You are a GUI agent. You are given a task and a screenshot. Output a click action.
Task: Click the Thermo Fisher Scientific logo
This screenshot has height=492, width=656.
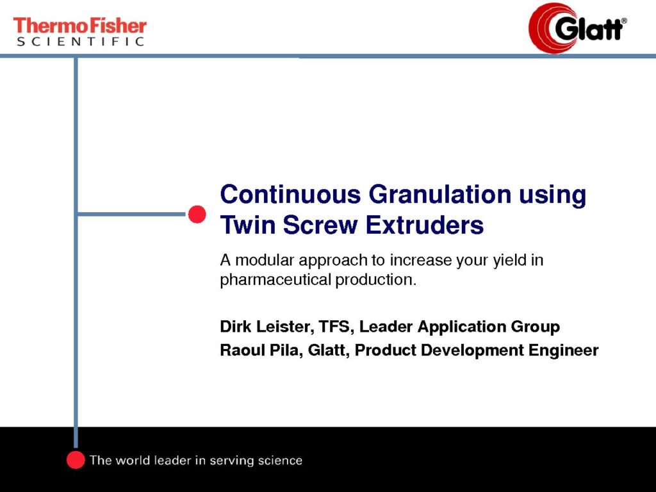pyautogui.click(x=80, y=31)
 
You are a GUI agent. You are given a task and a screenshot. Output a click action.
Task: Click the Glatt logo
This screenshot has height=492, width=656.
pyautogui.click(x=578, y=28)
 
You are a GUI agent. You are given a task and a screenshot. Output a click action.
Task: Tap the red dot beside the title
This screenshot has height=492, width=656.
pyautogui.click(x=197, y=214)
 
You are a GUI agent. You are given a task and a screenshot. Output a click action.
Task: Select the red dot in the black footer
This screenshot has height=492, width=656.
pyautogui.click(x=76, y=459)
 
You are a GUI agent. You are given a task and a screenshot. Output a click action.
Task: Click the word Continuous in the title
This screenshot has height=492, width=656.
pyautogui.click(x=290, y=195)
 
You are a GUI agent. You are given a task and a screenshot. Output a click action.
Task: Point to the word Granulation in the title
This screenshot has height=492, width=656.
pyautogui.click(x=440, y=195)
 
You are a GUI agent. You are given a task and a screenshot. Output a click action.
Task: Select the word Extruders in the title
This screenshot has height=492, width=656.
pyautogui.click(x=425, y=225)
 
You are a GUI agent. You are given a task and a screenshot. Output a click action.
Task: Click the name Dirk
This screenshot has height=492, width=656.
pyautogui.click(x=236, y=326)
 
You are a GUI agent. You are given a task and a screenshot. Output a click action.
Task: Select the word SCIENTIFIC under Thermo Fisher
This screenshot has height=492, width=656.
pyautogui.click(x=80, y=41)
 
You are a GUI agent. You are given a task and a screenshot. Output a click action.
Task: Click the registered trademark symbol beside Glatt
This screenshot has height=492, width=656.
pyautogui.click(x=624, y=20)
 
